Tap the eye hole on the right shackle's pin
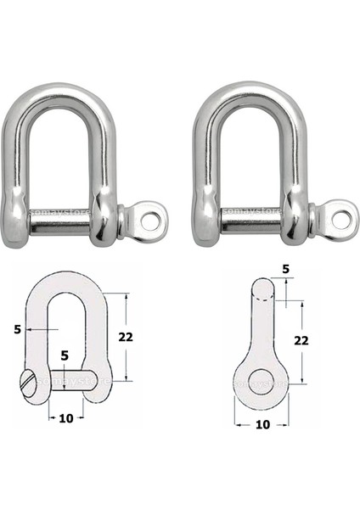(x=340, y=220)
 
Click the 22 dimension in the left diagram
(x=126, y=336)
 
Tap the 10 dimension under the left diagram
(x=65, y=418)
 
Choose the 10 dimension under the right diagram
(x=262, y=424)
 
